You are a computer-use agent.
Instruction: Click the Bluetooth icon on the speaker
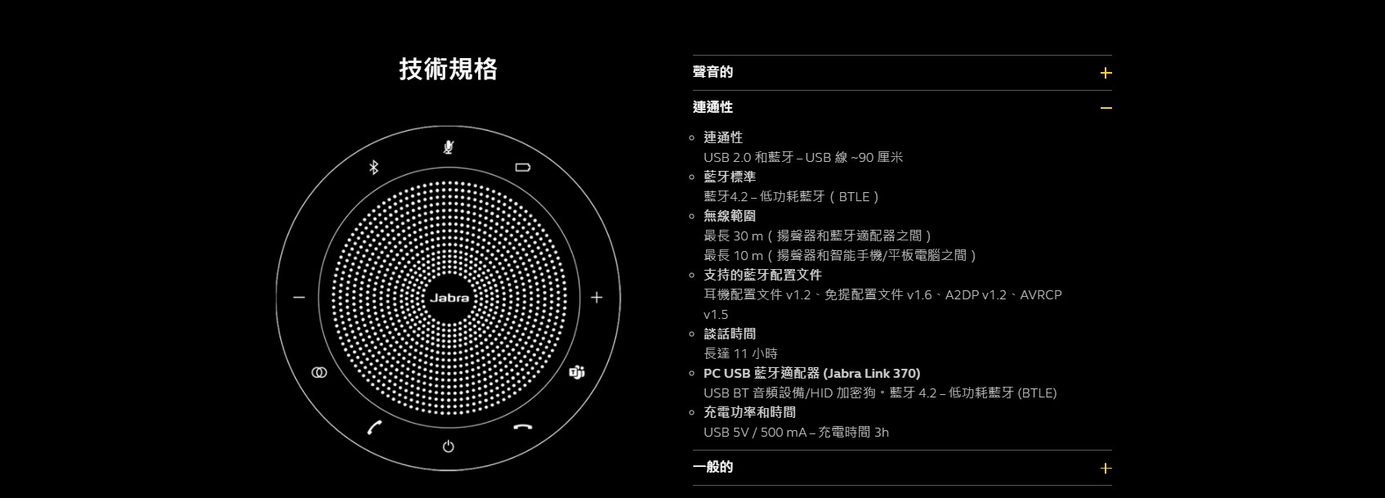tap(373, 167)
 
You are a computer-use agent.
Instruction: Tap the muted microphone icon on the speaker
tap(449, 146)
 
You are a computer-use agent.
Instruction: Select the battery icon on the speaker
tap(522, 167)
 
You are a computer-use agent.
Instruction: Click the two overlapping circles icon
tap(319, 372)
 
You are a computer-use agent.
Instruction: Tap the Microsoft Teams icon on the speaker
tap(576, 372)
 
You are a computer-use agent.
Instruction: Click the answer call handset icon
tap(374, 427)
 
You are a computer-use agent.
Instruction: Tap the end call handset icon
tap(523, 427)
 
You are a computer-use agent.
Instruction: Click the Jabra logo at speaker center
tap(449, 298)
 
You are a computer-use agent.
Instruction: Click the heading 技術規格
tap(449, 69)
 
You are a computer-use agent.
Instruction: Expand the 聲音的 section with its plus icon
tap(1106, 73)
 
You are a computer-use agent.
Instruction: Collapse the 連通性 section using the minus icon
tap(1106, 108)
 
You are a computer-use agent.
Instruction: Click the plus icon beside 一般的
tap(1106, 469)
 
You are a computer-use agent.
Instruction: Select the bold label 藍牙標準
tap(730, 177)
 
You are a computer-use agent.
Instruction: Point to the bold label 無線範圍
tap(730, 216)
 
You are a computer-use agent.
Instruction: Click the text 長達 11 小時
tap(740, 353)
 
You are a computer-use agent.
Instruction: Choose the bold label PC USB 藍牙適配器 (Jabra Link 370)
tap(812, 373)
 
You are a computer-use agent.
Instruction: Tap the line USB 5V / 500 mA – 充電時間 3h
tap(797, 432)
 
